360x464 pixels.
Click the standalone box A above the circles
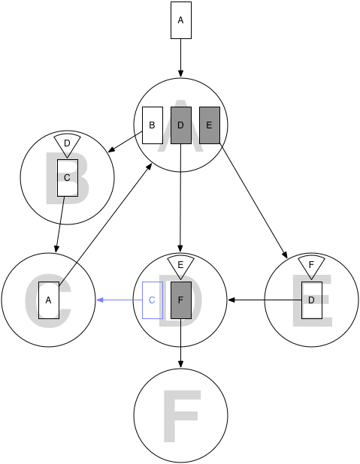tap(181, 20)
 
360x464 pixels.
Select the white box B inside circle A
tap(153, 125)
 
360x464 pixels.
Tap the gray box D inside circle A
tap(181, 125)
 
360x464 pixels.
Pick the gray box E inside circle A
tap(210, 125)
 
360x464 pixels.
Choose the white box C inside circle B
tap(68, 178)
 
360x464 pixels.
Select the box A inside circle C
tap(49, 300)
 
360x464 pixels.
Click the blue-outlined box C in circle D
tap(153, 300)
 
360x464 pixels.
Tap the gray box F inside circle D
tap(181, 300)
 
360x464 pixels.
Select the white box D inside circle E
tap(312, 300)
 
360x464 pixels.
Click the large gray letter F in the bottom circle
tap(182, 417)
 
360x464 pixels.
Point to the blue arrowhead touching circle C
tap(100, 300)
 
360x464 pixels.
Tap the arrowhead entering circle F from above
tap(180, 365)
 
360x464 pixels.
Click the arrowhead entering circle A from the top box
tap(180, 74)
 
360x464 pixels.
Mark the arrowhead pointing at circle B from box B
tap(111, 149)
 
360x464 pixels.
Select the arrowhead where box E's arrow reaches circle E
tap(285, 255)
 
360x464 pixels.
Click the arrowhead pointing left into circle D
tap(231, 300)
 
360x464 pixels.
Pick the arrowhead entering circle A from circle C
tap(149, 167)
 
